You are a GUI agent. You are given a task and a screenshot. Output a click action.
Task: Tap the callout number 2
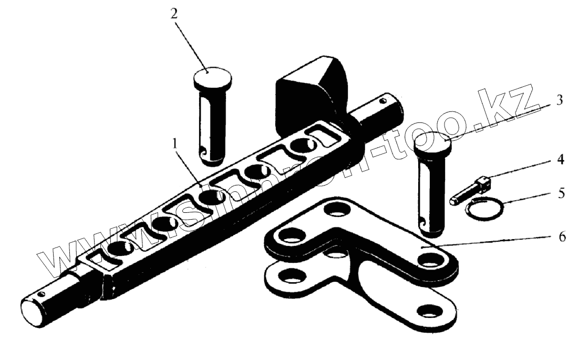click(173, 14)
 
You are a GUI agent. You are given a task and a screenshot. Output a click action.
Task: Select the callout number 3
click(560, 99)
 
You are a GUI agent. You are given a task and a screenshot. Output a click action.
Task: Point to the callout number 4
click(560, 160)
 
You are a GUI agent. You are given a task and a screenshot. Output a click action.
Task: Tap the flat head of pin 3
click(433, 142)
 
